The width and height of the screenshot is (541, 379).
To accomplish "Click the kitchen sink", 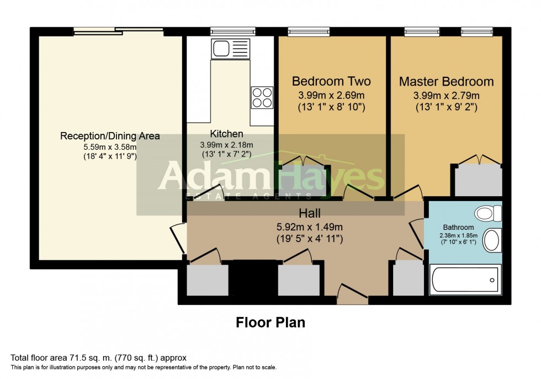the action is [230, 49].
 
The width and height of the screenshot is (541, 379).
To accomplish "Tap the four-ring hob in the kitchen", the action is [262, 98].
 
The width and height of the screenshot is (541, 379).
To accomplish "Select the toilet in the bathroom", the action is [488, 213].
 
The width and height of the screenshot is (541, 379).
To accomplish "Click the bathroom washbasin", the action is [492, 240].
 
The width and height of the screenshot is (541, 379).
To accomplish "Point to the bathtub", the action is [465, 280].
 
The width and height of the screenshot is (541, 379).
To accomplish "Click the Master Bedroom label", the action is [447, 81].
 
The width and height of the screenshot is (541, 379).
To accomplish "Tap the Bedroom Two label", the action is [331, 81].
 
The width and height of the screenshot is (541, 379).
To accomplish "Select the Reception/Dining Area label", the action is [110, 136].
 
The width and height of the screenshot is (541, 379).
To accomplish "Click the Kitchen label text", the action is [227, 134].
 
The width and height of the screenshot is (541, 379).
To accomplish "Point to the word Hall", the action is [310, 213].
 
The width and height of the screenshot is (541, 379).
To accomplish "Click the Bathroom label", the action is [458, 227].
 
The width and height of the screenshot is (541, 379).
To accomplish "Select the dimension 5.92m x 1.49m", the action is [310, 227].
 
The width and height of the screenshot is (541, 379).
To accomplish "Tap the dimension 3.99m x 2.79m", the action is [447, 95].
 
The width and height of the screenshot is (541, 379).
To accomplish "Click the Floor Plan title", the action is [270, 323].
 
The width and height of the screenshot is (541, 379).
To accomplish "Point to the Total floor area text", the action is [98, 358].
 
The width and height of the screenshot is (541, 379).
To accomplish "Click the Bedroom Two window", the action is [309, 31].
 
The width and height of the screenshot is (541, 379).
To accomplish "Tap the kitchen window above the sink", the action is [233, 31].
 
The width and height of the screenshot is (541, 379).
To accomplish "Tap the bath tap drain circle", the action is [492, 280].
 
